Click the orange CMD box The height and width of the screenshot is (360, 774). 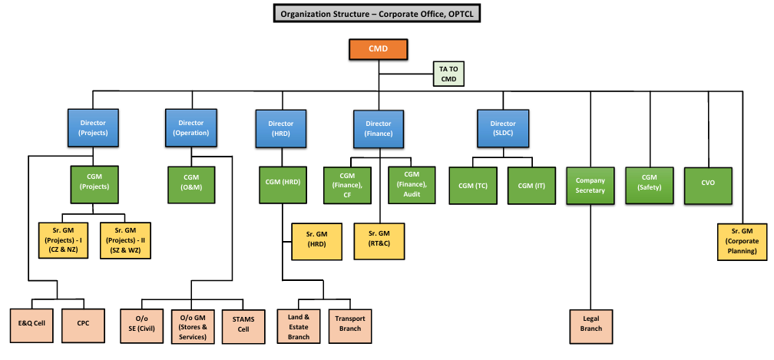point(379,49)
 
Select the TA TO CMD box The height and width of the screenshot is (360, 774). point(448,74)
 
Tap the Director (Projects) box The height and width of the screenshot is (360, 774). point(93,127)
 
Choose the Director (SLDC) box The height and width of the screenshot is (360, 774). point(503,128)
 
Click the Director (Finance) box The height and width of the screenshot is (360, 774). point(379,128)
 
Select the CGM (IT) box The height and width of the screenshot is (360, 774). point(531,185)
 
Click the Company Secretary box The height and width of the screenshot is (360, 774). point(590,185)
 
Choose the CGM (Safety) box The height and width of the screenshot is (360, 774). point(650,185)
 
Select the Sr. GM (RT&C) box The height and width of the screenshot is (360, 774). point(379,241)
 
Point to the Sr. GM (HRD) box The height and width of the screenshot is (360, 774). point(316,241)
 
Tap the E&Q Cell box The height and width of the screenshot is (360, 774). point(31,323)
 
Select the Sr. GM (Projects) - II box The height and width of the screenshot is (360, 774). point(124,241)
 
